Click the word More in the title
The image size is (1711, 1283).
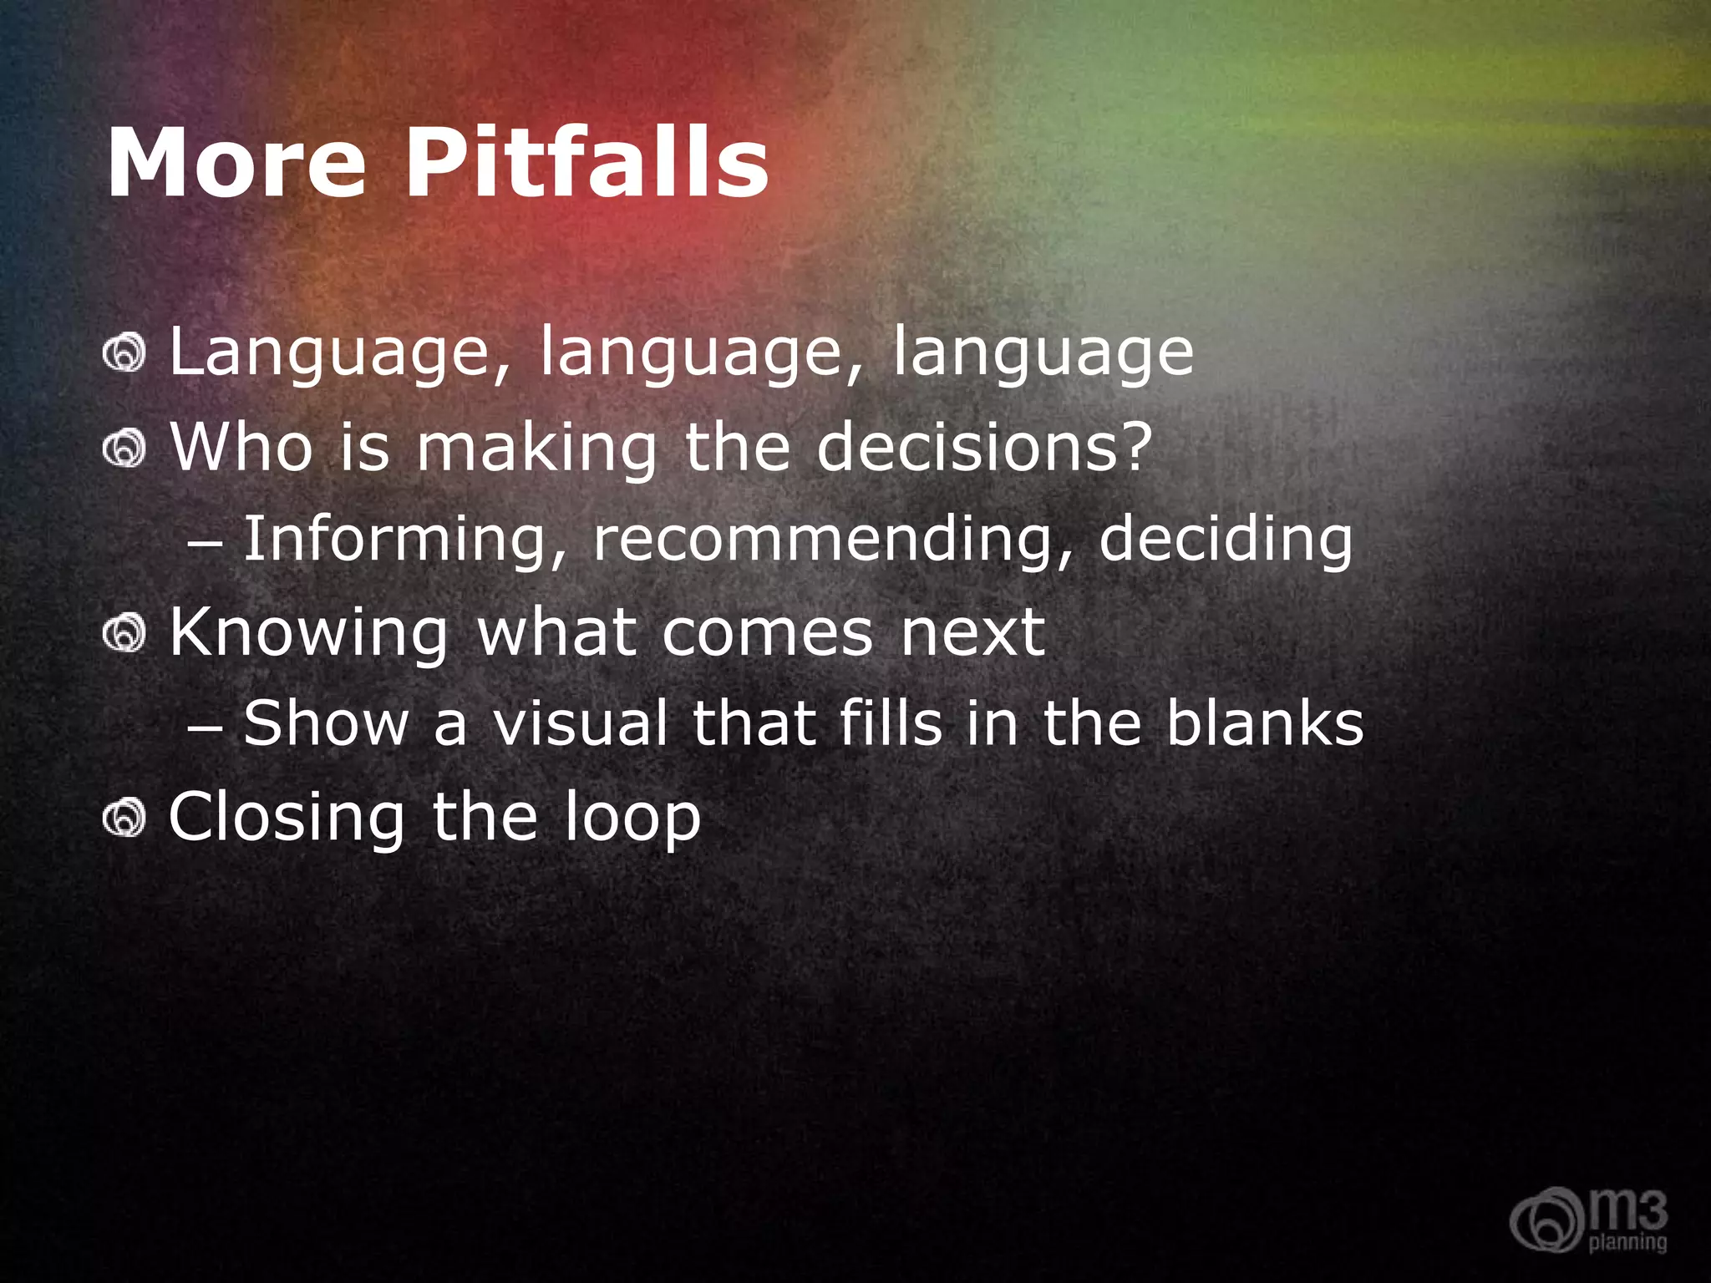(x=236, y=163)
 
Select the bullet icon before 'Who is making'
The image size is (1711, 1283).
(x=124, y=449)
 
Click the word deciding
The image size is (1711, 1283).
(x=1225, y=540)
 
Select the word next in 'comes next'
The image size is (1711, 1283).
(x=972, y=633)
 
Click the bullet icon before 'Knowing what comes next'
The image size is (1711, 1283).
(x=124, y=633)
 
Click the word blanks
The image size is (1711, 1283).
(x=1264, y=723)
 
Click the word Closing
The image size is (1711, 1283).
(x=287, y=819)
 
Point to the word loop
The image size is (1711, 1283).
(x=632, y=819)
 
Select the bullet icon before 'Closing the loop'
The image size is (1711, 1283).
(x=124, y=817)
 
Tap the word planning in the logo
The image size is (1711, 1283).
(x=1627, y=1242)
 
